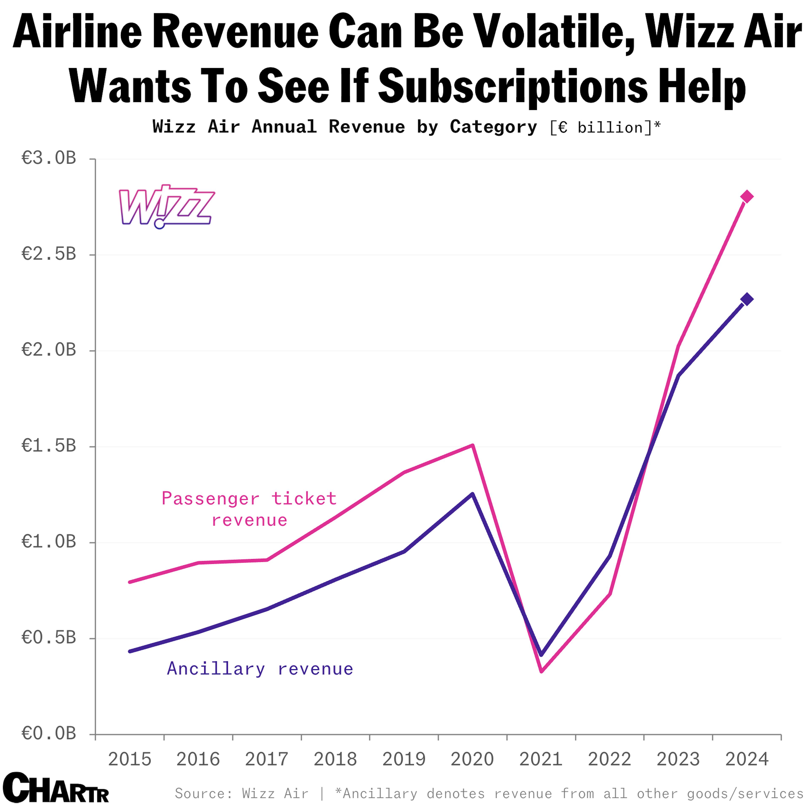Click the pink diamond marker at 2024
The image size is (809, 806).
(x=747, y=196)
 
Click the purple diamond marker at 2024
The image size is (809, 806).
(x=747, y=299)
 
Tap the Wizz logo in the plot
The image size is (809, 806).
(x=167, y=207)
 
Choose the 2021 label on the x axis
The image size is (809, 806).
(x=541, y=759)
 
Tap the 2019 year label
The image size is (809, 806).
(x=404, y=759)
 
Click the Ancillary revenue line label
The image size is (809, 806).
(x=260, y=669)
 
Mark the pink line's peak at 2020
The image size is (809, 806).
(x=472, y=445)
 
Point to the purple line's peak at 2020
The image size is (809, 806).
(x=472, y=494)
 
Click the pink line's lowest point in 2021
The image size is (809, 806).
(x=541, y=671)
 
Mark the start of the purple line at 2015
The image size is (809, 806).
(x=130, y=651)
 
